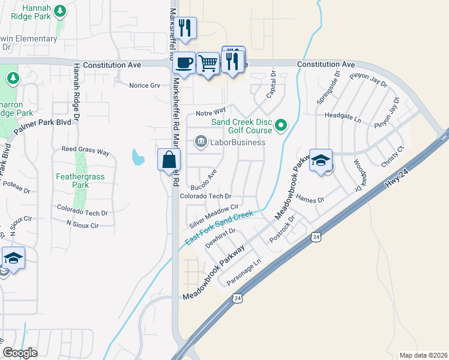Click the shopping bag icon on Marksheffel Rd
tap(169, 160)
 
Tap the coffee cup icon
tap(185, 62)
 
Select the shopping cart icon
tap(208, 62)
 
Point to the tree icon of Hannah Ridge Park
tap(59, 10)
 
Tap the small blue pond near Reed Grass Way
tap(138, 158)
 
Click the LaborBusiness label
tap(237, 142)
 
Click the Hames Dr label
tap(310, 199)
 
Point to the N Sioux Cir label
tap(82, 225)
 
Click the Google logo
tap(20, 353)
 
